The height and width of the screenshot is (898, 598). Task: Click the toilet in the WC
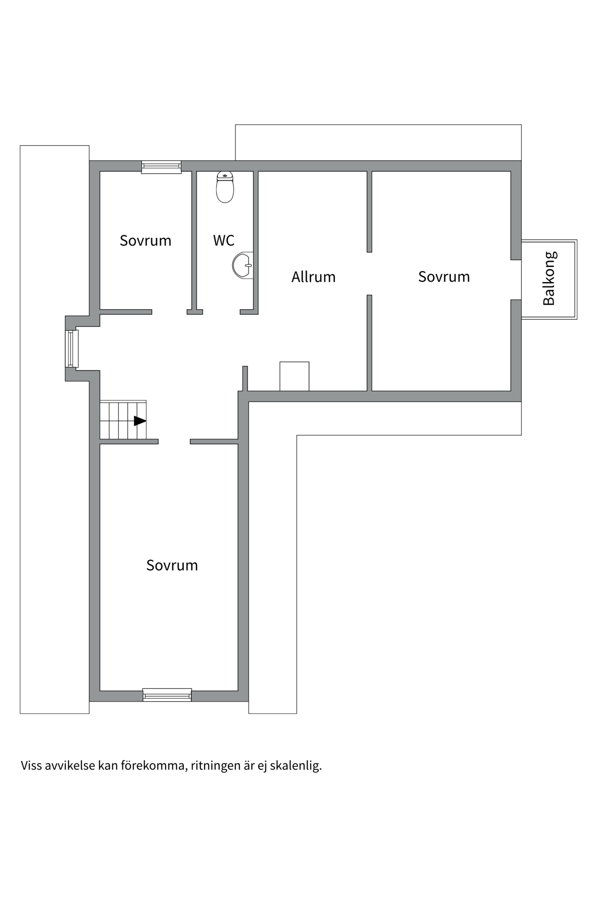click(x=225, y=188)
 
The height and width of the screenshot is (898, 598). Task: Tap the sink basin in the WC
click(x=243, y=265)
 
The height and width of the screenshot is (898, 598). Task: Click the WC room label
click(x=224, y=240)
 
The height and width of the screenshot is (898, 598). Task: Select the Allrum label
click(x=313, y=277)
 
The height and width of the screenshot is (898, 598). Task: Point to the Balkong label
click(x=549, y=279)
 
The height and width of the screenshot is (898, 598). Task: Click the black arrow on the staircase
click(x=140, y=421)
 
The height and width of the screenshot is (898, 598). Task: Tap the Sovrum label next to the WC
click(x=145, y=240)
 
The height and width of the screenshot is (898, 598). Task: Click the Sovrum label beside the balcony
click(x=444, y=276)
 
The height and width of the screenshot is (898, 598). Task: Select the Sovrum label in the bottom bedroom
click(x=172, y=565)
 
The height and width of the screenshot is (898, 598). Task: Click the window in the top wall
click(x=161, y=167)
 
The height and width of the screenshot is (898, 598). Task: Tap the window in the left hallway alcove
click(x=71, y=348)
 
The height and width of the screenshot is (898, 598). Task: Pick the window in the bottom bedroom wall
click(x=167, y=695)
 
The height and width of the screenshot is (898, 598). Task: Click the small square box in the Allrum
click(x=294, y=376)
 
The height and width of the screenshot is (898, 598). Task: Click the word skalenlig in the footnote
click(x=296, y=766)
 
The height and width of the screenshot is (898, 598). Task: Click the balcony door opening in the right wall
click(x=516, y=280)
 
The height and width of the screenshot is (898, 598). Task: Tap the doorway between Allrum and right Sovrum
click(x=369, y=274)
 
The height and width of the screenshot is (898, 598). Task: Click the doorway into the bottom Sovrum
click(x=174, y=442)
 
